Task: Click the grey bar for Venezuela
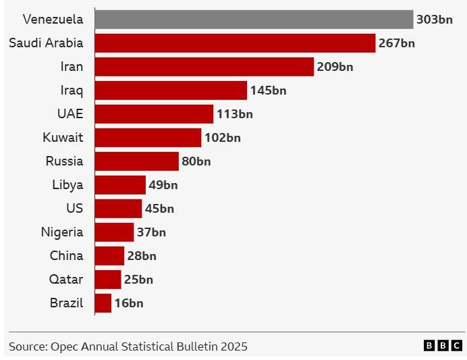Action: (x=254, y=20)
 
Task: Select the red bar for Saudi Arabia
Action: (x=235, y=43)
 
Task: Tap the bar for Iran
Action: (x=204, y=67)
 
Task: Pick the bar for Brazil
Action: (x=103, y=303)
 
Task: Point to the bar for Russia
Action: (x=136, y=161)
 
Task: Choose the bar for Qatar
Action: (x=107, y=280)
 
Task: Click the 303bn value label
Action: (x=434, y=20)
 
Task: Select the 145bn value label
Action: (x=268, y=91)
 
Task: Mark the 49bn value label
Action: (x=163, y=185)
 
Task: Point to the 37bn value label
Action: (x=151, y=232)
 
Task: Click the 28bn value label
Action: (x=142, y=256)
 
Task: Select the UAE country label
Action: (x=70, y=114)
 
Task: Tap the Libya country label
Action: (x=67, y=185)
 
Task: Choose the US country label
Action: (x=74, y=209)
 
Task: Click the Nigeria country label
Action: (x=62, y=232)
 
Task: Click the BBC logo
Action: (x=443, y=346)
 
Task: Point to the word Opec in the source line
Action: (x=65, y=346)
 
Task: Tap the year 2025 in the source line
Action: (x=233, y=346)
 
